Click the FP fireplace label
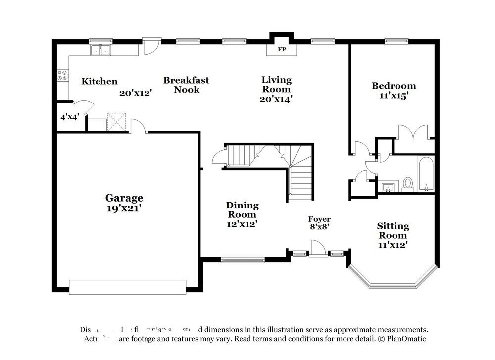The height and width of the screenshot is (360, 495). (x=282, y=50)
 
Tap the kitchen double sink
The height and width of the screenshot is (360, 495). (x=100, y=50)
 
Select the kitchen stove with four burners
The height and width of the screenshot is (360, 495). (x=63, y=75)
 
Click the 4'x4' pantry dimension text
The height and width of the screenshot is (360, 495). (x=70, y=117)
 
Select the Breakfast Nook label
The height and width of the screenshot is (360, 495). (x=186, y=85)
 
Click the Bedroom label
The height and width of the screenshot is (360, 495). (x=394, y=86)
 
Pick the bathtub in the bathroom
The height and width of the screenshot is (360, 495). (x=426, y=174)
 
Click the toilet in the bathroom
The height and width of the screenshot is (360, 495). (x=408, y=183)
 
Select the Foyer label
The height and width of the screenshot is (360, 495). (x=319, y=219)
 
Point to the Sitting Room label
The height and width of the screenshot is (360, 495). (x=393, y=230)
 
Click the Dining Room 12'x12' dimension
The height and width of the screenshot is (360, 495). (x=242, y=224)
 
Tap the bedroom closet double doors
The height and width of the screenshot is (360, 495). (x=413, y=132)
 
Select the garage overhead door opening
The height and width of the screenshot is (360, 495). (x=127, y=287)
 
